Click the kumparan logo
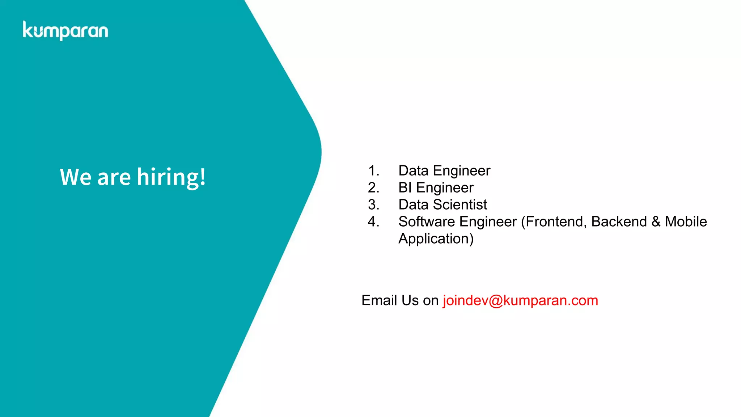point(65,31)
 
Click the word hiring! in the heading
point(171,177)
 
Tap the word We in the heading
point(76,177)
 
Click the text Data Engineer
point(444,171)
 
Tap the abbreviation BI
point(405,188)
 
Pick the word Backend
point(619,222)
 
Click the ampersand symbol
point(656,222)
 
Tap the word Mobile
point(686,222)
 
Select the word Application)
point(436,239)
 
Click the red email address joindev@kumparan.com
point(520,301)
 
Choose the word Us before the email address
point(410,301)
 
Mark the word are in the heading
point(114,177)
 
